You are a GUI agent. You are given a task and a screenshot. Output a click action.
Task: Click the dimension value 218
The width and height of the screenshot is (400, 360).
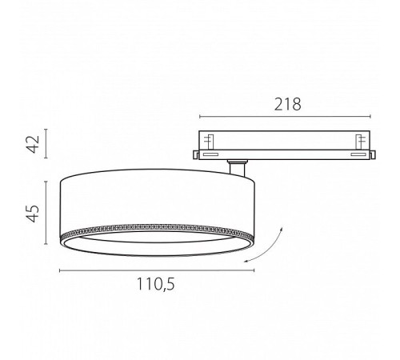click(288, 104)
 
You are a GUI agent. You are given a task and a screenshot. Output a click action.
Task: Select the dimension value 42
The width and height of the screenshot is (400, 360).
click(34, 144)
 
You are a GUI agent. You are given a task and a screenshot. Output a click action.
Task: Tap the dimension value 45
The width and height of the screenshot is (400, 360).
click(34, 214)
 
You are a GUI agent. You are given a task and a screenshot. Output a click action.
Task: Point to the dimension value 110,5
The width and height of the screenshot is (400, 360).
click(156, 284)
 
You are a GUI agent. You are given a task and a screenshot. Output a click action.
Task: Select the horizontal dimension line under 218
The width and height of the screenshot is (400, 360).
click(285, 117)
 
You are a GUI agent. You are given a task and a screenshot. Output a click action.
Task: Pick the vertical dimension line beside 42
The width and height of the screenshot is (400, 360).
click(46, 144)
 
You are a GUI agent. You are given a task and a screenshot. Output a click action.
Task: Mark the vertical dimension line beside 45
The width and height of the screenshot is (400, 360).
click(46, 213)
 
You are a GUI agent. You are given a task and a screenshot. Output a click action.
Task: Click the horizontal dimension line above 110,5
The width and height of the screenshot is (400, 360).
click(157, 270)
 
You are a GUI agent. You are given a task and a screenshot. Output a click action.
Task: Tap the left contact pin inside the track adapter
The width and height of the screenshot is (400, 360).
click(209, 142)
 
